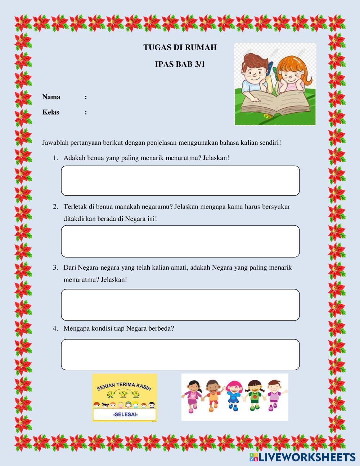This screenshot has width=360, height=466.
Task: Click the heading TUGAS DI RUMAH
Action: (x=180, y=47)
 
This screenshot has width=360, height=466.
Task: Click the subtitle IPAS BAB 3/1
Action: (x=180, y=64)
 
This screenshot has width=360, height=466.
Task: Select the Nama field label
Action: (x=51, y=97)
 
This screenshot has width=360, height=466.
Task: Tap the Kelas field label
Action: (x=51, y=112)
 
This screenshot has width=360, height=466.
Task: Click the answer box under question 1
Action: (x=180, y=180)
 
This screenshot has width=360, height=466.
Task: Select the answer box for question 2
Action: (x=180, y=241)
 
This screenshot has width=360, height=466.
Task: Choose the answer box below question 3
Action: (x=180, y=304)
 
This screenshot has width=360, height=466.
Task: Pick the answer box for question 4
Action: (x=180, y=354)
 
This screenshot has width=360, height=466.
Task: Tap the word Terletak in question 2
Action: (x=75, y=207)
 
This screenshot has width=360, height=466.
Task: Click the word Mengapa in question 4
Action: (x=76, y=328)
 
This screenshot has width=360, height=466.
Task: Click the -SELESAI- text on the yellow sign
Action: (x=125, y=414)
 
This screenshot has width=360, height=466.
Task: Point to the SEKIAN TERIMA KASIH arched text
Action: (x=125, y=387)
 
